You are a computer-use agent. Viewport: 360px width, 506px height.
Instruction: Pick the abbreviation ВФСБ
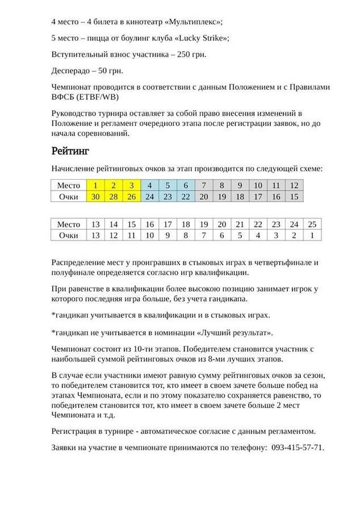tap(64, 96)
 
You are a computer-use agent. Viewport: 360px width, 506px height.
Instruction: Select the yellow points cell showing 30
tap(96, 196)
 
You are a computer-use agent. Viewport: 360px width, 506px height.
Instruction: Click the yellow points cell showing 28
tap(114, 196)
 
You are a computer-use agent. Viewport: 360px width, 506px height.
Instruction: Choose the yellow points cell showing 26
tap(132, 196)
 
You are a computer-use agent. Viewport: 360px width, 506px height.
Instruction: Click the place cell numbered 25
tap(311, 224)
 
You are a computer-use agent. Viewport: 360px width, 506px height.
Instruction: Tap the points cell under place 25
tap(311, 235)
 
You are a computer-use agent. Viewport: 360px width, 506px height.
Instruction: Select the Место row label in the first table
tap(69, 185)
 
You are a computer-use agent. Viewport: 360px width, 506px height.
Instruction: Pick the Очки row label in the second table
tap(69, 235)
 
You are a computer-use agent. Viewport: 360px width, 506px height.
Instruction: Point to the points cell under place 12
tap(294, 196)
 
